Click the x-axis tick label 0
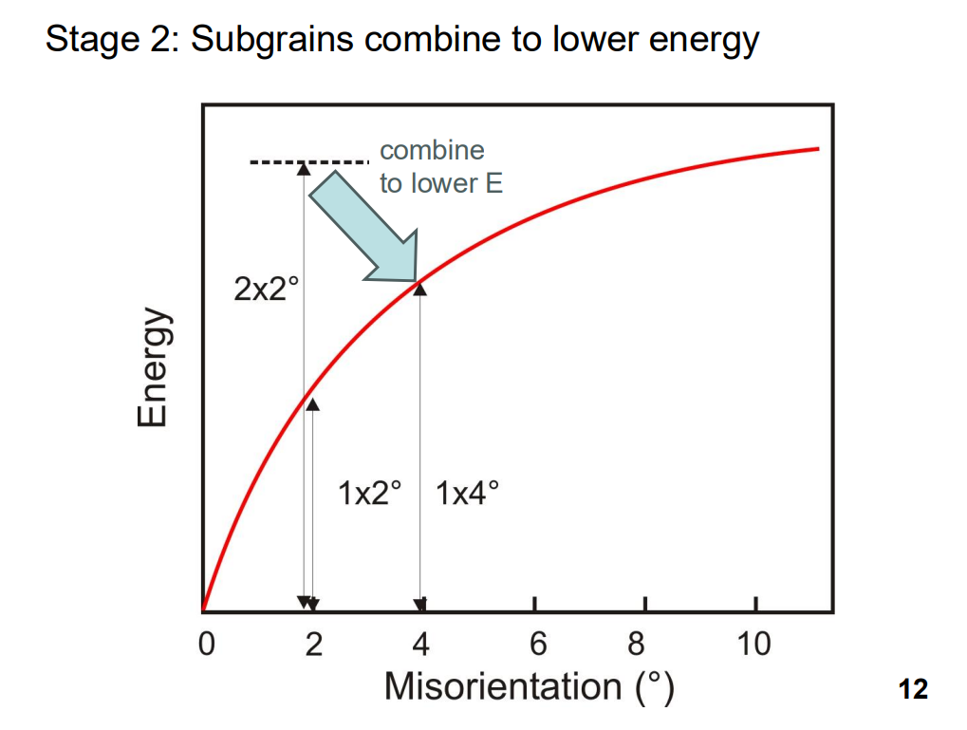point(207,645)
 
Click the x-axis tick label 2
point(314,645)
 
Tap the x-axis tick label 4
point(421,645)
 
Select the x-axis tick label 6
point(538,645)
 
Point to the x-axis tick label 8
point(637,645)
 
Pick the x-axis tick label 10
point(753,645)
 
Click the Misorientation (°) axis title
point(530,686)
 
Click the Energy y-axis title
point(152,366)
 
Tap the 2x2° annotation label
point(267,289)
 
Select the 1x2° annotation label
point(370,493)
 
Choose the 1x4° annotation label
point(468,493)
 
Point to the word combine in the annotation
point(433,150)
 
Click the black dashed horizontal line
point(309,162)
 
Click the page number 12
point(913,689)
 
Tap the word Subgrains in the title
point(272,40)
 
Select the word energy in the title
point(704,41)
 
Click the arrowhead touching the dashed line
point(304,168)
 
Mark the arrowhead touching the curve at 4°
point(419,289)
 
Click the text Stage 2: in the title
point(113,40)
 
